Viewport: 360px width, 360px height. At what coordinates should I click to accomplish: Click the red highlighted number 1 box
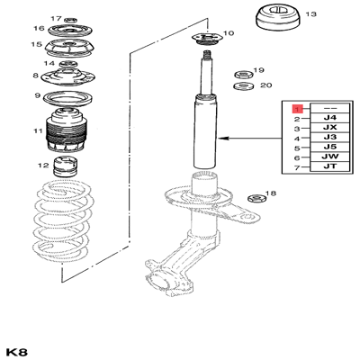point(298,109)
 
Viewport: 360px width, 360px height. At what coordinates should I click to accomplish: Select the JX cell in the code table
point(329,128)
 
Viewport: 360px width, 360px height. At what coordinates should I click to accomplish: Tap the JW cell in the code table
point(329,157)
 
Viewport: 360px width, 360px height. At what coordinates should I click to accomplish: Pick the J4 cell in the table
point(329,118)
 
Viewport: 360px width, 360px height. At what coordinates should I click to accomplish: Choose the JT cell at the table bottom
point(329,166)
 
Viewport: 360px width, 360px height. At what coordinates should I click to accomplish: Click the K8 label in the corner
point(17,352)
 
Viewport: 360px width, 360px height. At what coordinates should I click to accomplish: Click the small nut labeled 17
point(71,20)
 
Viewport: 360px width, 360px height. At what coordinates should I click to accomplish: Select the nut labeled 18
point(256,198)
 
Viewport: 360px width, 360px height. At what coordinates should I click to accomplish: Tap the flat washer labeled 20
point(243,86)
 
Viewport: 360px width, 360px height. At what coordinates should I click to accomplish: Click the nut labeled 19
point(243,74)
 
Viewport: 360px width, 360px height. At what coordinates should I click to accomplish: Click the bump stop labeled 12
point(66,166)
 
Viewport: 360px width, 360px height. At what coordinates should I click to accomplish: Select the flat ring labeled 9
point(68,99)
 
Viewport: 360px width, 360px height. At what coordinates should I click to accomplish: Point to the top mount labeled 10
point(207,40)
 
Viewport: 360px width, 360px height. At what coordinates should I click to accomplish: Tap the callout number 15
point(36,44)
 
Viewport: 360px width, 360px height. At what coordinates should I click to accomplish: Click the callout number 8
point(36,75)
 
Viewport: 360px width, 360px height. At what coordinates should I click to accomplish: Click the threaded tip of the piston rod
point(206,56)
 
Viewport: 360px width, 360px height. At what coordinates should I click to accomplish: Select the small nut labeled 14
point(68,64)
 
